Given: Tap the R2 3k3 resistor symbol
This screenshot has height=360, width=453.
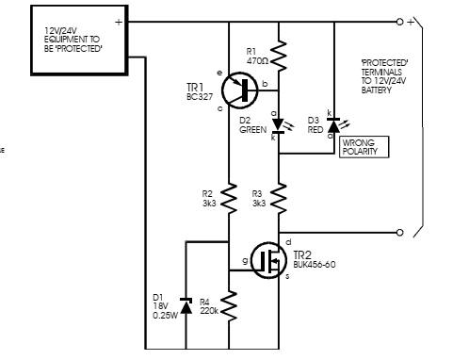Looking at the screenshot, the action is tap(229, 199).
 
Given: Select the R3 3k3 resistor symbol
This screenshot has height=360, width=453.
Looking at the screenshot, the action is tap(279, 199).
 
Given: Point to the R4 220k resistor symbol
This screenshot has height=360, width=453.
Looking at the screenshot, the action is tap(229, 305).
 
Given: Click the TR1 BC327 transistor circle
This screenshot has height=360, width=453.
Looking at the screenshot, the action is tap(239, 90).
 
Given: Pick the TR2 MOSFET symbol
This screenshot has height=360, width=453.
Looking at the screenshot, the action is tap(268, 260).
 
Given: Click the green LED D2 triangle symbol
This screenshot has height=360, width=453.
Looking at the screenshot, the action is tap(278, 125).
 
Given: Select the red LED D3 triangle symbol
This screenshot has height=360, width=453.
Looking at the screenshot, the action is tap(334, 125).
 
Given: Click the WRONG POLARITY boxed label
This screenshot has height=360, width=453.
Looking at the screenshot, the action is tap(364, 147).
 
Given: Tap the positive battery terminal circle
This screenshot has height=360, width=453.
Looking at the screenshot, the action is tap(399, 22).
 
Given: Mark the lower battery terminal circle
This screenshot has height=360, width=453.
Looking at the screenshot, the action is tap(399, 233).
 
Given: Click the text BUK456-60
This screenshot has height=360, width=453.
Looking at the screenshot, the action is tap(315, 265).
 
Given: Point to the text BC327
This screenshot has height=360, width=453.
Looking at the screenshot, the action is tap(200, 97).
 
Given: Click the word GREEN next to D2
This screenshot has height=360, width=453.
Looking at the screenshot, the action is tap(252, 130).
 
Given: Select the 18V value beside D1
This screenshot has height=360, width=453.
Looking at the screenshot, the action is tap(161, 306).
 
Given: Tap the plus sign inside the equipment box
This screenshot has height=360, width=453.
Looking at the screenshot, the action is tap(119, 22).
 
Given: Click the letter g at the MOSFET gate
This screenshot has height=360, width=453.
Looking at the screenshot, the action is tap(245, 261).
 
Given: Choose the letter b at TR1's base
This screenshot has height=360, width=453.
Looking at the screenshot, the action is tap(265, 83).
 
